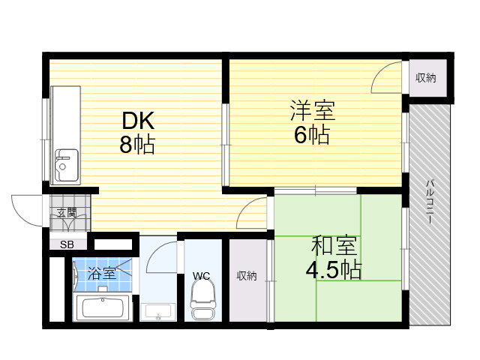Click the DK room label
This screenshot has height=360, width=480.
point(138,121)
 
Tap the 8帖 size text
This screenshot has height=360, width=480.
point(137,145)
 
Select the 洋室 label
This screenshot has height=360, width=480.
point(313,110)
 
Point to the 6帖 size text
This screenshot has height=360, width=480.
point(312,134)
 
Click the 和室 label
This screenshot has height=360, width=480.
point(334,245)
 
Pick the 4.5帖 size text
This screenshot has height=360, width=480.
point(334,269)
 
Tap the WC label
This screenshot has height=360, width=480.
point(202,276)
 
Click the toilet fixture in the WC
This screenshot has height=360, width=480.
point(202,300)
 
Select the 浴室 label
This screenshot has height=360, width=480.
point(101,273)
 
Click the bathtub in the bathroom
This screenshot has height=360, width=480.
point(103,308)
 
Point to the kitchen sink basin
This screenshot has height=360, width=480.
point(66,166)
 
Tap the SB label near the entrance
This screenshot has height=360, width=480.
point(67,244)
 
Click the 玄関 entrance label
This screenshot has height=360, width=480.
point(67,212)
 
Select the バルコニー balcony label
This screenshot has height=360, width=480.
point(430,202)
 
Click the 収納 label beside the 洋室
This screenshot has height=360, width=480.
point(425,78)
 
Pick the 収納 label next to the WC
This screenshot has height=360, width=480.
point(247,276)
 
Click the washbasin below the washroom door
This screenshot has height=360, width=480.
point(158,312)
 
